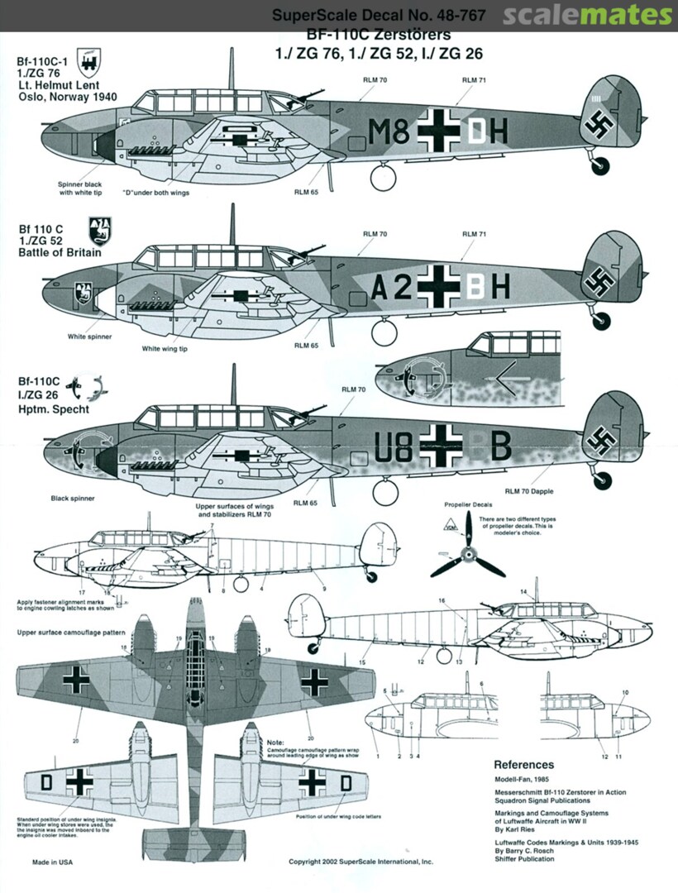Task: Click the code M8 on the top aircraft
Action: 389,131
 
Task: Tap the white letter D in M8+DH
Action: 479,131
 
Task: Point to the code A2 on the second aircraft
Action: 391,287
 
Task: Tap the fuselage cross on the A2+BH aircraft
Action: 438,286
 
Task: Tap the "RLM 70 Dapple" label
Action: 530,491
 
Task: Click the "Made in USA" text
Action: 53,862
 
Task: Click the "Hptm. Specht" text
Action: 50,408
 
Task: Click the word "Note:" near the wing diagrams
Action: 275,742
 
